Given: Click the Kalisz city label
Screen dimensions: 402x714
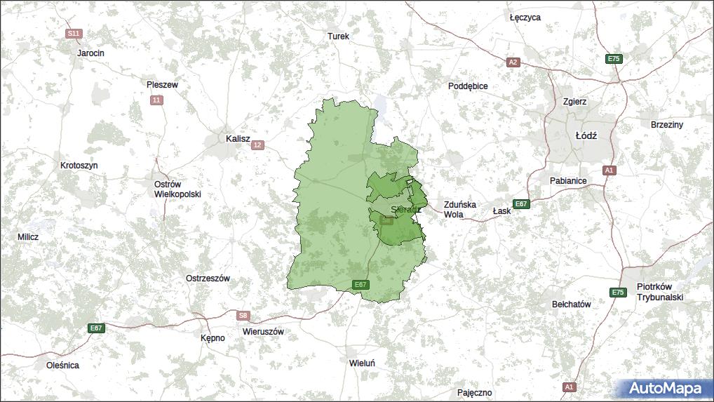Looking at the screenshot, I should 238,139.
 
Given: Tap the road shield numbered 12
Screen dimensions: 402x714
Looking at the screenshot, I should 258,145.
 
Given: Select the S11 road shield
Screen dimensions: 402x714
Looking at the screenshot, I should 74,33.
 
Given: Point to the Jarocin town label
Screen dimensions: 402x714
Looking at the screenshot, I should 90,53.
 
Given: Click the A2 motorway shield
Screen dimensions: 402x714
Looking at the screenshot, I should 513,62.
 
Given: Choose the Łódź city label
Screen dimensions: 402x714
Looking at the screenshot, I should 586,135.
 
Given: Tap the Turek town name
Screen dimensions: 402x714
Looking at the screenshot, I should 338,36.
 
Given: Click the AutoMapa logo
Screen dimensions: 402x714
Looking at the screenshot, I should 664,388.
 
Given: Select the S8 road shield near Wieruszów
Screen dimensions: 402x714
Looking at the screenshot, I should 243,316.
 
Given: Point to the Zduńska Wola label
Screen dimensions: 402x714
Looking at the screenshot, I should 459,210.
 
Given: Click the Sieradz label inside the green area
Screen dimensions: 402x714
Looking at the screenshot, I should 405,209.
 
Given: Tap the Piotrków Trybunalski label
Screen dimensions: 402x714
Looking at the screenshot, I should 659,292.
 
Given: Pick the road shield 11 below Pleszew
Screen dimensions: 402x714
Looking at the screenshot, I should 156,100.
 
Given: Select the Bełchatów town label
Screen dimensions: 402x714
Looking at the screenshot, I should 572,304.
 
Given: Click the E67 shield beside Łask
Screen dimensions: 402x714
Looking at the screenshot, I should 520,204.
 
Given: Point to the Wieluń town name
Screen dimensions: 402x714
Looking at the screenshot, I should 363,363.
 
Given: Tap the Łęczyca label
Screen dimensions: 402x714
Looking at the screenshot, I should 525,18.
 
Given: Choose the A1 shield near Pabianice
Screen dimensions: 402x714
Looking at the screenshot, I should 608,170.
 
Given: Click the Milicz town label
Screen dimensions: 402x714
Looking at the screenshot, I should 28,237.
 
